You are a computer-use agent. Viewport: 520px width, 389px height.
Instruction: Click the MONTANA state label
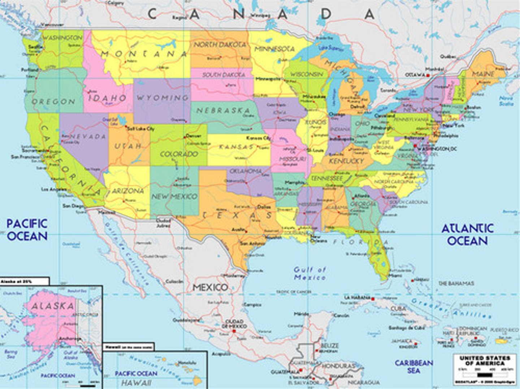[x=144, y=54]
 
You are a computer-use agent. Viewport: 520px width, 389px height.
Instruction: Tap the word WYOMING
[x=162, y=98]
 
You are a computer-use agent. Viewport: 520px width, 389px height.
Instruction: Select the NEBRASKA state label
[x=223, y=111]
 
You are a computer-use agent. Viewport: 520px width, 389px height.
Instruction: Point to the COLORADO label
[x=179, y=154]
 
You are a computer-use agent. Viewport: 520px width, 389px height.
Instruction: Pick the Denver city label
[x=193, y=136]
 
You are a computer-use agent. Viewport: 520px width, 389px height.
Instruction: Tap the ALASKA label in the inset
[x=53, y=306]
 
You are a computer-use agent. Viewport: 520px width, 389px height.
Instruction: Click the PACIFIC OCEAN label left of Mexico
[x=27, y=230]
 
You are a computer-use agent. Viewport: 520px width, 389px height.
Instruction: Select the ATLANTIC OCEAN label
[x=468, y=234]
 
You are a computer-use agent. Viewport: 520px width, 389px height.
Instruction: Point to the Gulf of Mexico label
[x=310, y=273]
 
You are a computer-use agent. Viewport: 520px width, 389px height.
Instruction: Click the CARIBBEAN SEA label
[x=413, y=366]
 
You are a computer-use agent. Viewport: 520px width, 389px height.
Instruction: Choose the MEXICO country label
[x=210, y=288]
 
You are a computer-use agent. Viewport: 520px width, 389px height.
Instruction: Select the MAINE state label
[x=483, y=74]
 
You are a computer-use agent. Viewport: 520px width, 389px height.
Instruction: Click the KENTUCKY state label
[x=346, y=161]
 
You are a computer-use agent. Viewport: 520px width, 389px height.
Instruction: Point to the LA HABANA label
[x=357, y=298]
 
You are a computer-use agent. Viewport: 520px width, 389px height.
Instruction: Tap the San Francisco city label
[x=25, y=157]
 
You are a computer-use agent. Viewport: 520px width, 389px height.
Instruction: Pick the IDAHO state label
[x=108, y=98]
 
